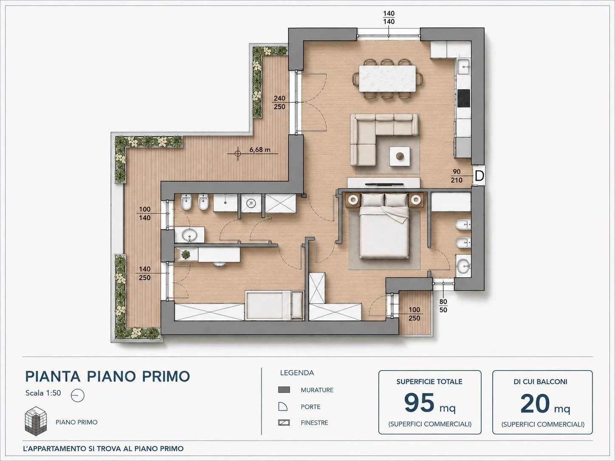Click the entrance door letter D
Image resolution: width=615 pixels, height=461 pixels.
tap(480, 176)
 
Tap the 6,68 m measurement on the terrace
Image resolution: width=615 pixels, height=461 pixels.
tap(260, 149)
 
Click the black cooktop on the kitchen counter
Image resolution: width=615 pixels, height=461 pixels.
tap(464, 98)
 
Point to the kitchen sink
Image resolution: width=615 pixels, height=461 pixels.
tap(464, 67)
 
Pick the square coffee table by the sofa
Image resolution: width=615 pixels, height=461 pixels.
tap(400, 157)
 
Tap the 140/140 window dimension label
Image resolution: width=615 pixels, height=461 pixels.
tap(389, 17)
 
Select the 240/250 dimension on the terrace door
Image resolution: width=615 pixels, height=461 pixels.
tap(279, 102)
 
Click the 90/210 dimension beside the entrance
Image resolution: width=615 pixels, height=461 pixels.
tap(457, 176)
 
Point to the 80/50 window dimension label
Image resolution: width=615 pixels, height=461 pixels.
tap(443, 306)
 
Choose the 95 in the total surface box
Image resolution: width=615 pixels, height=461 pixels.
tap(420, 403)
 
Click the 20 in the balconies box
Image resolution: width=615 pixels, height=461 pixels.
tap(535, 404)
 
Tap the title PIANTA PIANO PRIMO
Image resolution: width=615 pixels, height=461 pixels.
tap(107, 377)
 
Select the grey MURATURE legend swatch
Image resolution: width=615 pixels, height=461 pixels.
tap(284, 390)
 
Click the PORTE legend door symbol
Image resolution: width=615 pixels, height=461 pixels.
tap(283, 407)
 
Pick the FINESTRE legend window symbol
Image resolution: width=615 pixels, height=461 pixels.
tap(284, 423)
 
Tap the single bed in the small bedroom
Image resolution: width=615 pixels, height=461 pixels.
tap(274, 305)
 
